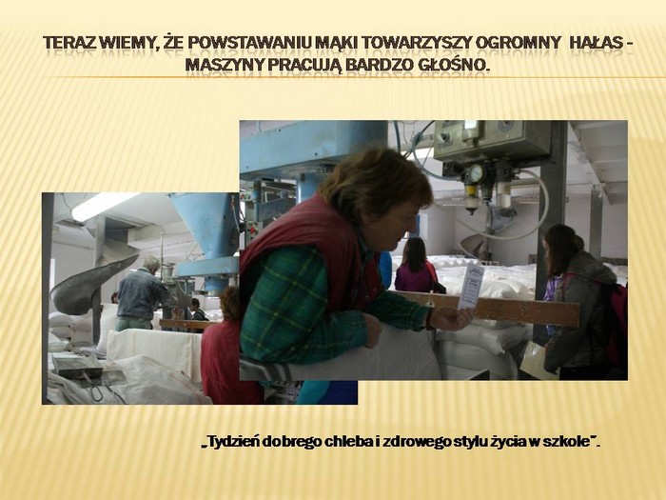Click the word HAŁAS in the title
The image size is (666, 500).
tap(593, 43)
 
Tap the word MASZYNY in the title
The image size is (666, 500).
tap(222, 65)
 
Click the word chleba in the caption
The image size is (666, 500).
tap(349, 442)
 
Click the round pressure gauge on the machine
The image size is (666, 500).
tap(476, 173)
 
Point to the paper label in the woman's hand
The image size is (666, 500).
tap(470, 286)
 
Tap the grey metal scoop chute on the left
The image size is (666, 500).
tap(90, 284)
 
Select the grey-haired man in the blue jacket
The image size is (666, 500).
tap(138, 293)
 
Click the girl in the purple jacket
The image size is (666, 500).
tap(416, 266)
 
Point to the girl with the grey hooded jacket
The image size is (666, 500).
tap(580, 302)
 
